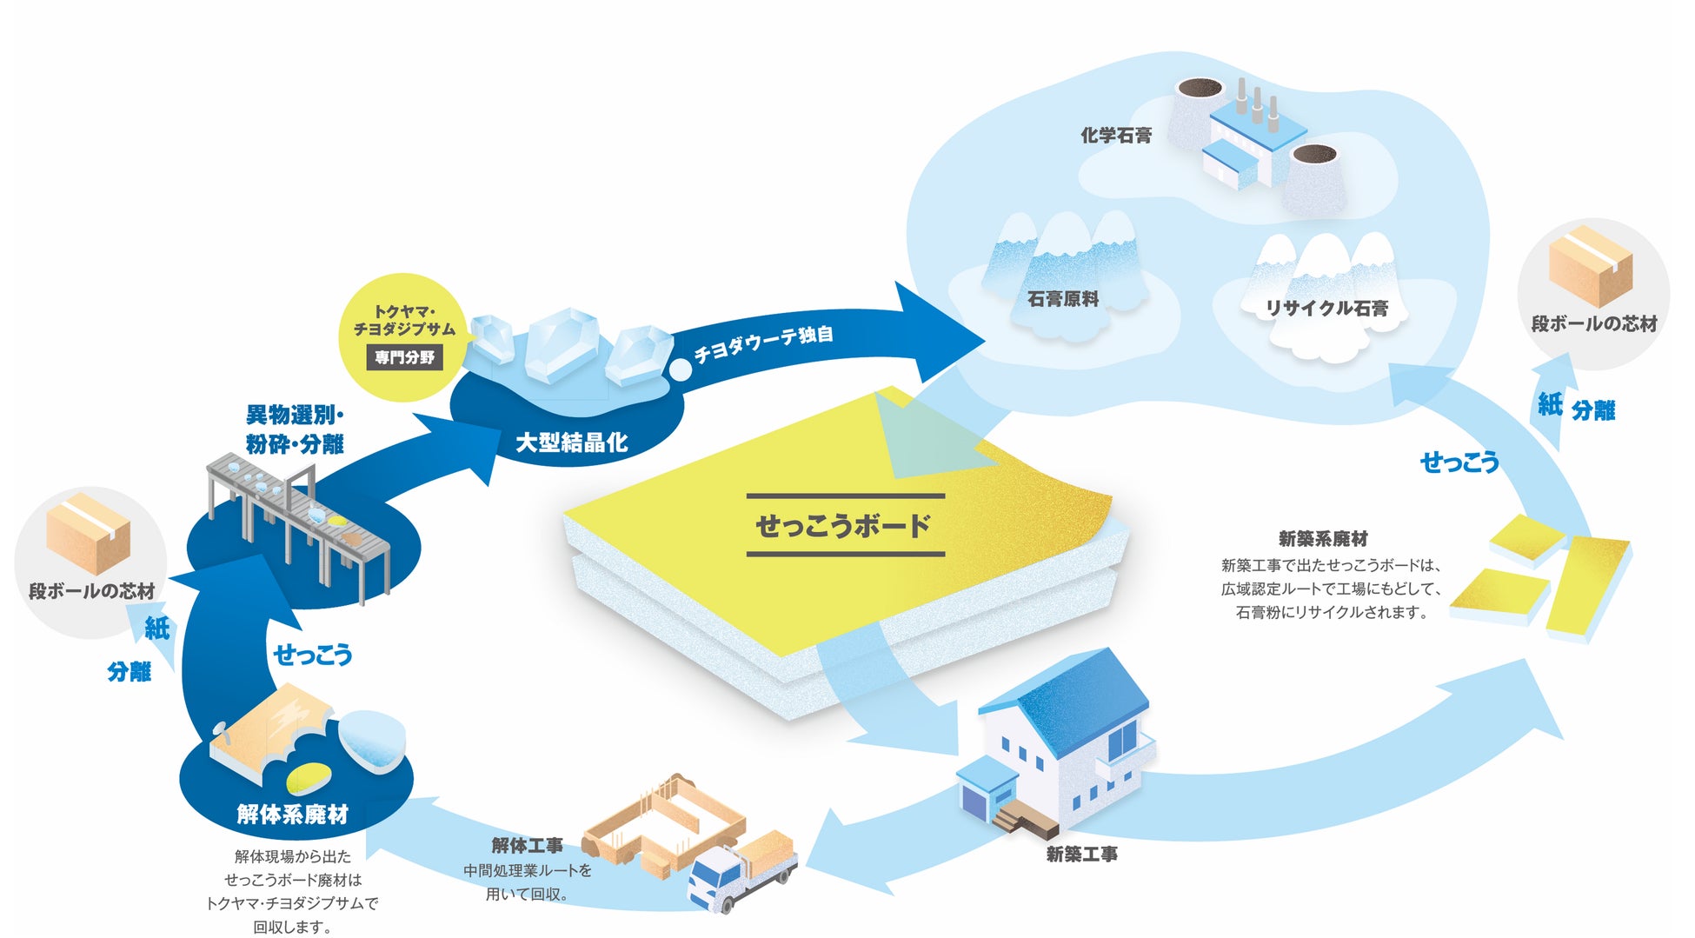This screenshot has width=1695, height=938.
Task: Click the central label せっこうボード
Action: tap(844, 525)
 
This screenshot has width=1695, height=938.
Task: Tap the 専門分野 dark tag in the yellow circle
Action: tap(405, 357)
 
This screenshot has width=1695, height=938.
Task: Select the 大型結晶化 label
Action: tap(571, 442)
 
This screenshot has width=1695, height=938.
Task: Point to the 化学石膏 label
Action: tap(1116, 135)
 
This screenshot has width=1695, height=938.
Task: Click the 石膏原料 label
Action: tap(1063, 299)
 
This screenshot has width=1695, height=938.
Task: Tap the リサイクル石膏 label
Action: tap(1326, 308)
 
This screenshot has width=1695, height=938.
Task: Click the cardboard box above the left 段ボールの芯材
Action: tap(88, 533)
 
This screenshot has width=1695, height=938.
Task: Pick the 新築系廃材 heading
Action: tap(1323, 539)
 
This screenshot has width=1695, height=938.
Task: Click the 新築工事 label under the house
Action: tap(1081, 855)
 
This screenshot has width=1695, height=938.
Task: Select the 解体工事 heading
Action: tap(527, 845)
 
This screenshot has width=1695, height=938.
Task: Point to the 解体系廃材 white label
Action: tap(292, 815)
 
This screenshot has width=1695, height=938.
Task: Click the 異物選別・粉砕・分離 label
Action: tap(295, 429)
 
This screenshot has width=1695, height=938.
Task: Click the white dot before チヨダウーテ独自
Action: tap(680, 369)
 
